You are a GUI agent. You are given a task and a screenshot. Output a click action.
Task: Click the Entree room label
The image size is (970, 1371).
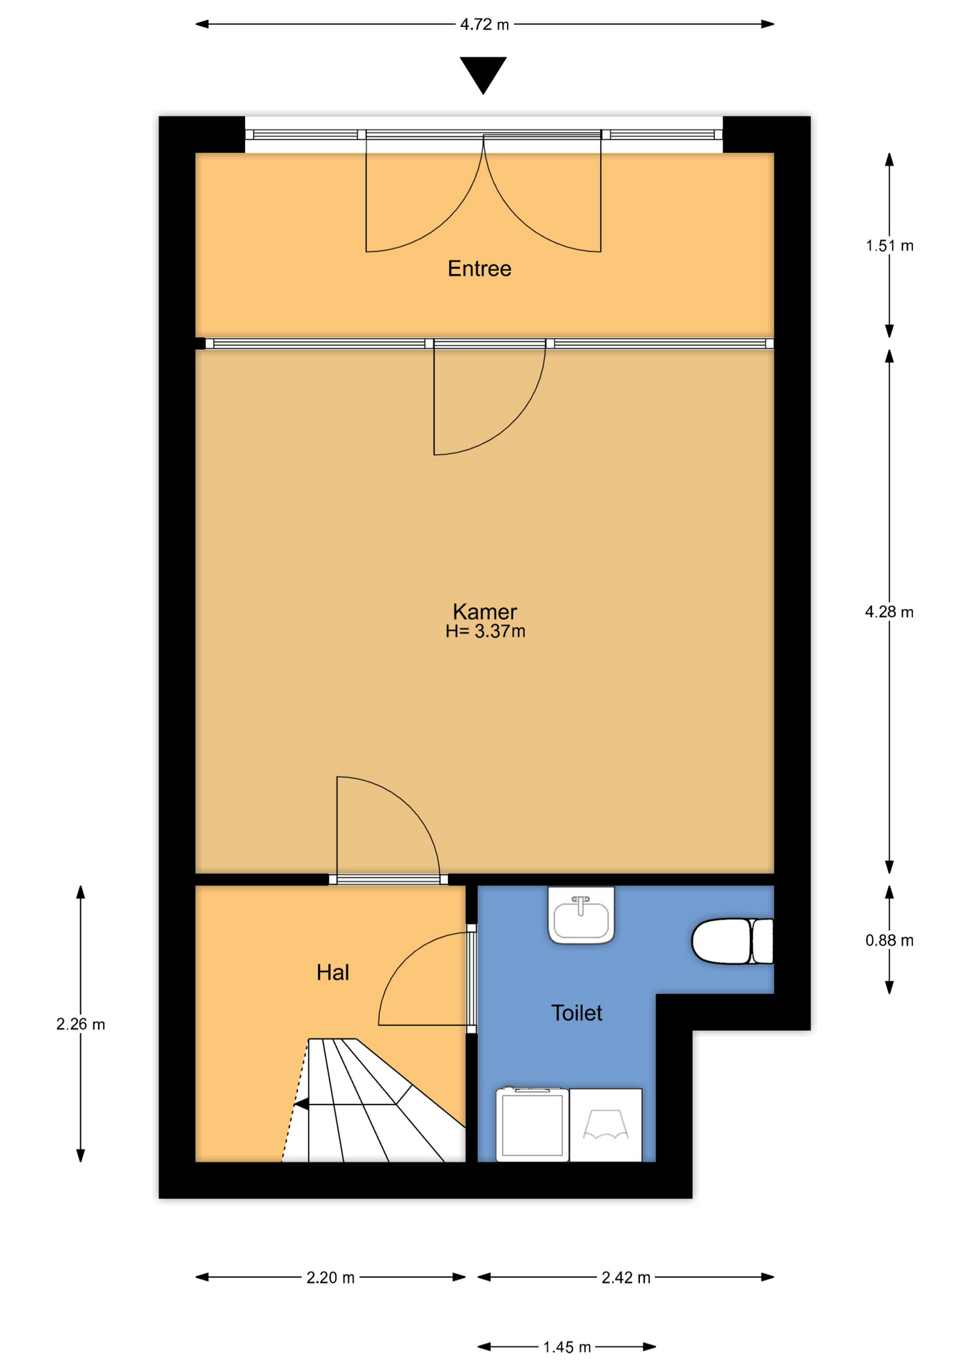[x=479, y=268]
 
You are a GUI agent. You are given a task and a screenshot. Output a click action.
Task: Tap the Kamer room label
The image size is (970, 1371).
[x=484, y=611]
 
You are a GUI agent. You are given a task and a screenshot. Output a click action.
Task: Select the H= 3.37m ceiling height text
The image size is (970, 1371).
[x=485, y=631]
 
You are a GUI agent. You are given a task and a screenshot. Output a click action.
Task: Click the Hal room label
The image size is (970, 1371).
[x=333, y=972]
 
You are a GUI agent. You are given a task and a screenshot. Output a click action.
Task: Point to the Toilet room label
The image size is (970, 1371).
[x=576, y=1013]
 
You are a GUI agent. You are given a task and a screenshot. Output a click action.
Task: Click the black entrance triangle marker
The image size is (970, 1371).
[x=484, y=75]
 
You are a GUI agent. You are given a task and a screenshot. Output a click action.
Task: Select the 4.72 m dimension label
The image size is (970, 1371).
[x=484, y=24]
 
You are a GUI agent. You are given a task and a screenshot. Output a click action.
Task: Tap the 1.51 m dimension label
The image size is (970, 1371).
[x=889, y=246]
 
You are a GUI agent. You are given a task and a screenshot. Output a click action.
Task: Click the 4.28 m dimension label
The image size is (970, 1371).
[x=889, y=612]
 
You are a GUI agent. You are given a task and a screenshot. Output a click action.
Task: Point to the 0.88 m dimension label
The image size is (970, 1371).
[x=889, y=940]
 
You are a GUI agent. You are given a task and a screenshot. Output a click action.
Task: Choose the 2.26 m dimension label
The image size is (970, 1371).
[x=81, y=1024]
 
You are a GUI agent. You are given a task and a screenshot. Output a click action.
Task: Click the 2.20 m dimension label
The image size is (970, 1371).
[x=331, y=1277]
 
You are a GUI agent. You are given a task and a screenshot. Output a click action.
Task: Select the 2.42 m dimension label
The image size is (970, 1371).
[x=626, y=1277]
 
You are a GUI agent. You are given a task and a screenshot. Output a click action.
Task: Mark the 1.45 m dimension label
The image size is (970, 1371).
[x=567, y=1347]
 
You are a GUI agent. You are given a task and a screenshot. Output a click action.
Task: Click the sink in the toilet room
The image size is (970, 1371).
[x=581, y=915]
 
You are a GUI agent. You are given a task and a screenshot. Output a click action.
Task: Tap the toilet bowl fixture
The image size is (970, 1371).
[x=732, y=941]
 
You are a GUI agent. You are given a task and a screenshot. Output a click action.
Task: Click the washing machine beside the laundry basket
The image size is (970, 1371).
[x=533, y=1125]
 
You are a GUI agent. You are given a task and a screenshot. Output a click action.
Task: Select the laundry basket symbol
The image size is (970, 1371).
[x=606, y=1125]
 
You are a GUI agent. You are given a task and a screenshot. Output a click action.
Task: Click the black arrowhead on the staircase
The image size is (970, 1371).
[x=301, y=1105]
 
